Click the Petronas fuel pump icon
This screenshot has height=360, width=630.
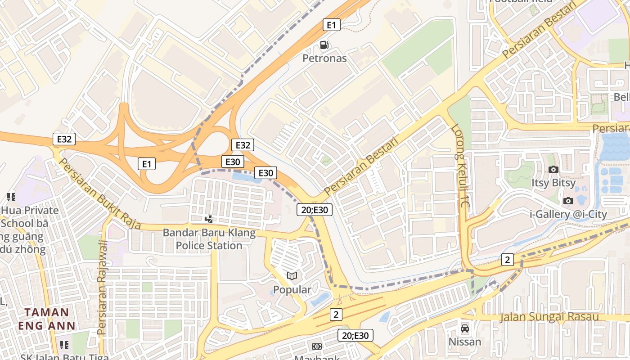(324, 45)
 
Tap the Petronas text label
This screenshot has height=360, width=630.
(324, 58)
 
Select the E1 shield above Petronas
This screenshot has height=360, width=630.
(331, 25)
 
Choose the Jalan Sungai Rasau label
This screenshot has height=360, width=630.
(549, 317)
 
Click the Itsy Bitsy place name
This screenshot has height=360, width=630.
(553, 183)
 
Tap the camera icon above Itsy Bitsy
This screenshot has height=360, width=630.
(553, 169)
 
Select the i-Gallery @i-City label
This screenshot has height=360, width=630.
(568, 214)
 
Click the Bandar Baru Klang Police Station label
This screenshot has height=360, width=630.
(209, 239)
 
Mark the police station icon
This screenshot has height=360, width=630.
(209, 219)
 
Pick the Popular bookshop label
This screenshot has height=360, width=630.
(292, 290)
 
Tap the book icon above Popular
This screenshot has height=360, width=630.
(292, 276)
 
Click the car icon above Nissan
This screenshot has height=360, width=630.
(465, 328)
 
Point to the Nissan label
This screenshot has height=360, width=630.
(465, 342)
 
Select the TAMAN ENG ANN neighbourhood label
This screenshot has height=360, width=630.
(46, 319)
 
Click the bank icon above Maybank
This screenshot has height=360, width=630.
(317, 346)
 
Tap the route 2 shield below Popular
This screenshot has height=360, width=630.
(336, 315)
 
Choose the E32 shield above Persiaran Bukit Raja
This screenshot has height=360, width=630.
(64, 139)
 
